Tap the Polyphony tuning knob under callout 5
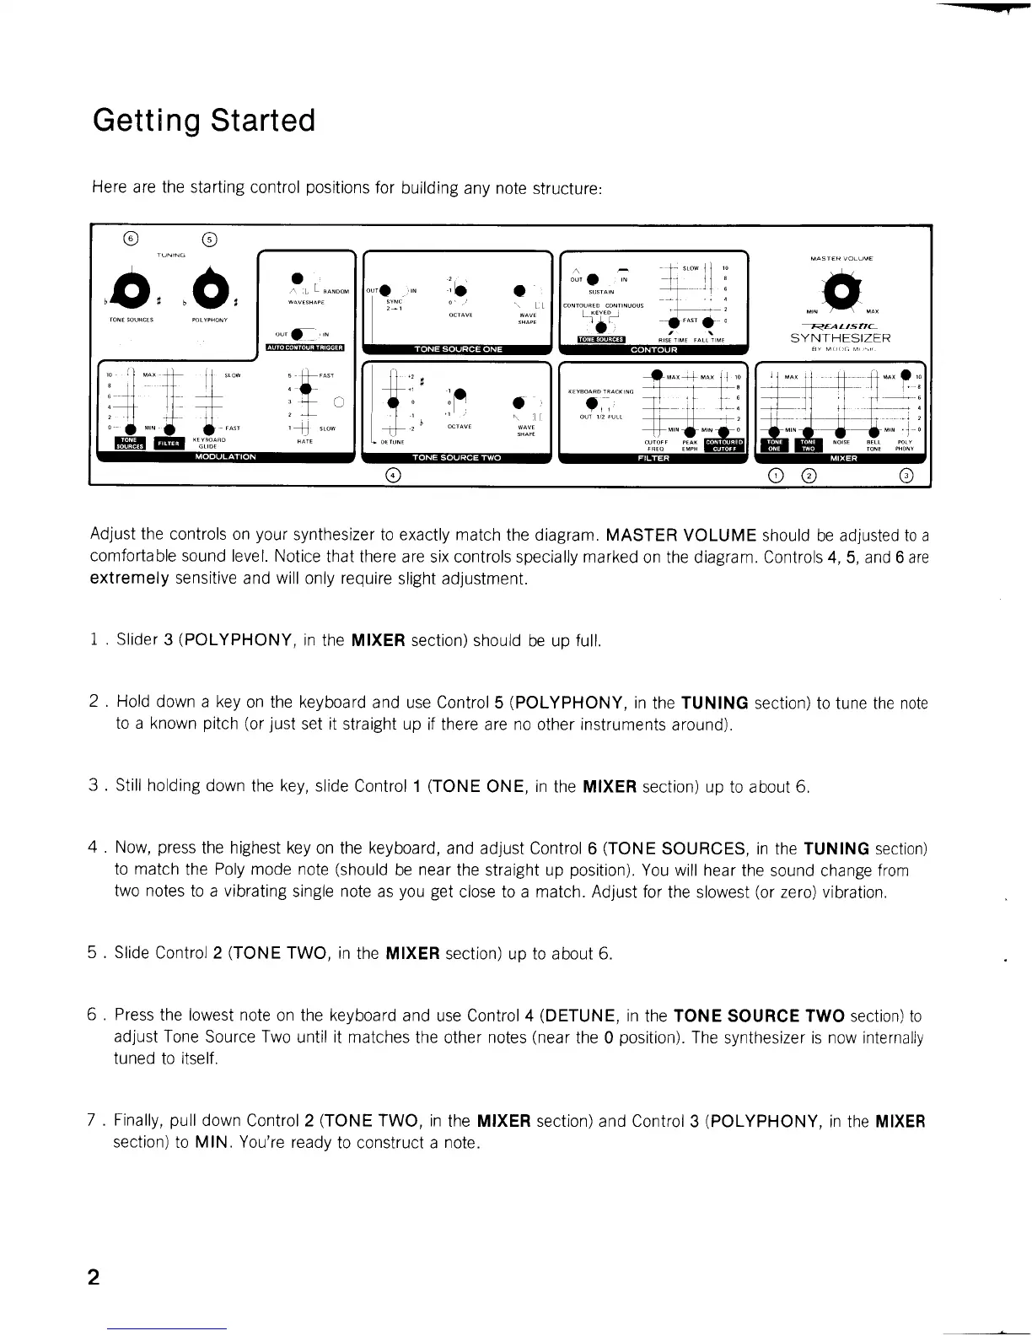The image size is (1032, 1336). pyautogui.click(x=209, y=291)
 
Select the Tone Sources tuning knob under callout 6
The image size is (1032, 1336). pyautogui.click(x=133, y=291)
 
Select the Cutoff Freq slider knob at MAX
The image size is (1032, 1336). pyautogui.click(x=655, y=376)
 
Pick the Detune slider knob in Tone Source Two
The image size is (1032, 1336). pyautogui.click(x=393, y=402)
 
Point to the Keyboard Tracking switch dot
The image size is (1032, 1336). pyautogui.click(x=593, y=402)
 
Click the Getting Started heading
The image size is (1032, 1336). pyautogui.click(x=204, y=121)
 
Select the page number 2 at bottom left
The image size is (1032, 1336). pyautogui.click(x=94, y=1277)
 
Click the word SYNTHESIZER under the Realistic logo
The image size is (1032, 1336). pyautogui.click(x=840, y=338)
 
